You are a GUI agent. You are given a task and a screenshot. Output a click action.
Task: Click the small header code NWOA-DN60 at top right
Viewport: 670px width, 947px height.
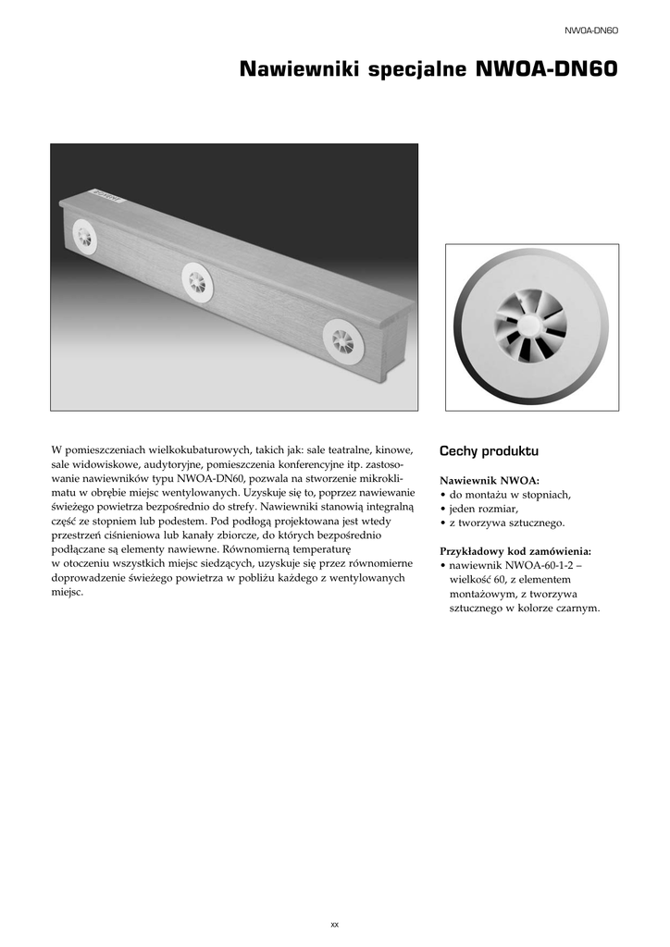pos(591,31)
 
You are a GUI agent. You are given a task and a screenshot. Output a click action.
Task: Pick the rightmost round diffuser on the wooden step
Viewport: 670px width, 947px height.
pos(341,339)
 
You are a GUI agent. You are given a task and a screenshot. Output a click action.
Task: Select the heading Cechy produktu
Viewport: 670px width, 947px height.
pos(489,451)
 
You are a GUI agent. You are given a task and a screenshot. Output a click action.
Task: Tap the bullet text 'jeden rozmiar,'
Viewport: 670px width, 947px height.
pos(483,509)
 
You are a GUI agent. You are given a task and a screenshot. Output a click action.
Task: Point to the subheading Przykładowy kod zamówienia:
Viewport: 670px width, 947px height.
pos(515,551)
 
